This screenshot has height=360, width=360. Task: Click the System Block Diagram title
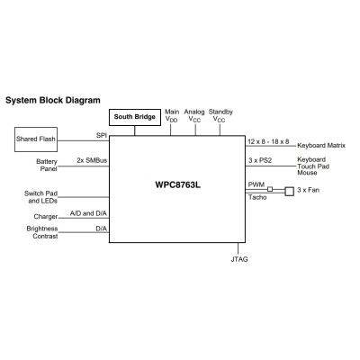click(x=53, y=100)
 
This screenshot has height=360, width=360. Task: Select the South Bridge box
click(x=135, y=117)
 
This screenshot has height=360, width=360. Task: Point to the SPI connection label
click(x=102, y=135)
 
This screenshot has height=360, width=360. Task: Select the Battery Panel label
click(x=47, y=166)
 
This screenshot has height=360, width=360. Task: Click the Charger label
click(x=47, y=216)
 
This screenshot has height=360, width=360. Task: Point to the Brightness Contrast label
click(x=41, y=233)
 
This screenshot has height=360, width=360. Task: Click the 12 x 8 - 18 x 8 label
click(x=268, y=141)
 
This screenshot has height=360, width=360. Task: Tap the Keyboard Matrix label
click(x=321, y=144)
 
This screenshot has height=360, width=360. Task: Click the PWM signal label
click(x=256, y=184)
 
